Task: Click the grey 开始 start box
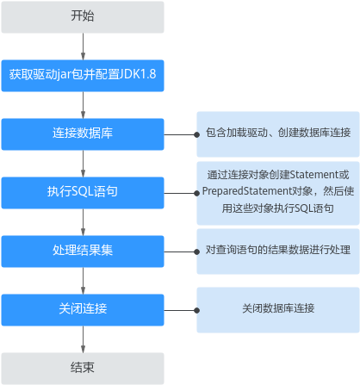(83, 17)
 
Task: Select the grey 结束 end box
(83, 369)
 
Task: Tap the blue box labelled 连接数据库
(83, 134)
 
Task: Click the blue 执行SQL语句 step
(83, 193)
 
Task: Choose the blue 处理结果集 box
(83, 251)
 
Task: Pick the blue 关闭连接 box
(83, 310)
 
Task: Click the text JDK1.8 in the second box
(138, 74)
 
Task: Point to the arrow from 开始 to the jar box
(83, 47)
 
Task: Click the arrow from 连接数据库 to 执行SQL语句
(83, 164)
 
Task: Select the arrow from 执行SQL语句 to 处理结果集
(83, 222)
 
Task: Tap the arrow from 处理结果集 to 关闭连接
(83, 281)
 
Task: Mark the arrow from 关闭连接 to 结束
(83, 339)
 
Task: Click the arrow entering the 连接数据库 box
(83, 105)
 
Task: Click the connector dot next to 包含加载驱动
(196, 134)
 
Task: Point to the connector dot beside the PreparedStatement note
(196, 193)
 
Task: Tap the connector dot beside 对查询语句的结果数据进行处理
(196, 251)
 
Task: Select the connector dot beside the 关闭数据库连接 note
(196, 310)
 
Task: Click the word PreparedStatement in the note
(247, 191)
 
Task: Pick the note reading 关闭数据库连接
(278, 310)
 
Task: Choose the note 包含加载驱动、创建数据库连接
(278, 134)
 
